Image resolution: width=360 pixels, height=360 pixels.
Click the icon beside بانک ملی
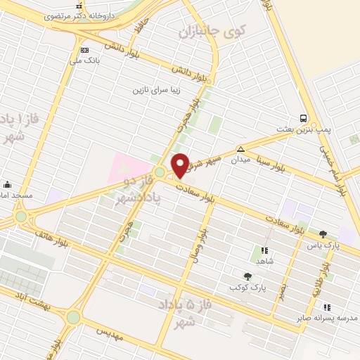pyautogui.click(x=85, y=50)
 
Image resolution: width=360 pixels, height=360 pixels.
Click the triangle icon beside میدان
pyautogui.click(x=240, y=148)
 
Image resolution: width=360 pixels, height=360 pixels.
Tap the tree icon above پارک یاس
pyautogui.click(x=323, y=234)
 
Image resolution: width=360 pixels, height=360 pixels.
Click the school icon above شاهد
pyautogui.click(x=264, y=250)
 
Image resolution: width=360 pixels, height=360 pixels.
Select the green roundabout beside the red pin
pyautogui.click(x=160, y=172)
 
